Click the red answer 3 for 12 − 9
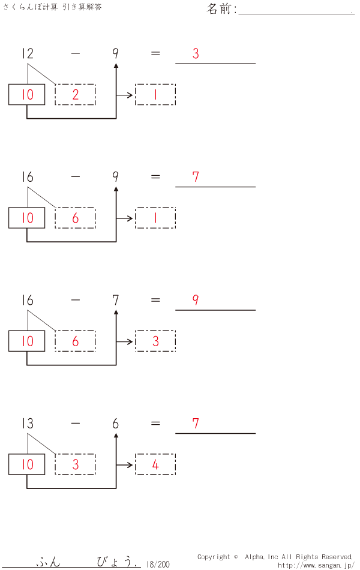point(196,54)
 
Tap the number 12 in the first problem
point(27,54)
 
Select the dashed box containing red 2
point(75,95)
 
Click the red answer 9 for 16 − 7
point(196,301)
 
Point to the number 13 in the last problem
point(27,424)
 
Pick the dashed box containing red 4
point(155,464)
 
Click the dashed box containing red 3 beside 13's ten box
point(75,464)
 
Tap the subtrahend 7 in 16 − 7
point(115,301)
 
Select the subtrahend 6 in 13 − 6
point(115,424)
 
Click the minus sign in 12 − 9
point(75,54)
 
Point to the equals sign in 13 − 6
point(155,424)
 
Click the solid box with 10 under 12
point(27,95)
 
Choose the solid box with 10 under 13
point(27,464)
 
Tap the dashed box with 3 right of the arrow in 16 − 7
point(155,341)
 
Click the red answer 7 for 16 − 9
point(196,177)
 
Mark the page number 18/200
point(158,564)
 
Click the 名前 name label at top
point(221,9)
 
